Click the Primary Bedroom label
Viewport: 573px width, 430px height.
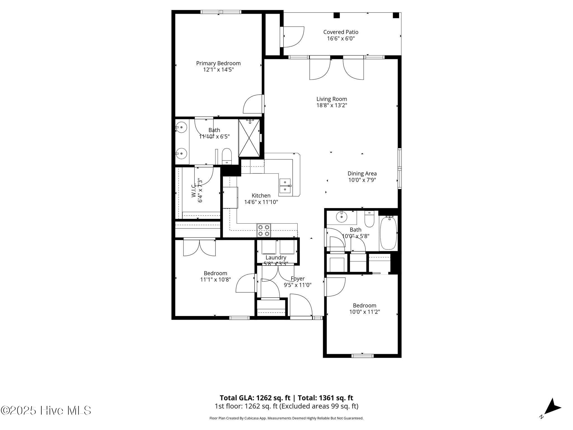click(218, 63)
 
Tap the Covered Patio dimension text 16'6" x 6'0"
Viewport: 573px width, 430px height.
click(341, 39)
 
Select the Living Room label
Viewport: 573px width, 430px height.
click(332, 99)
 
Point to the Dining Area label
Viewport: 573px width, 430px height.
click(362, 174)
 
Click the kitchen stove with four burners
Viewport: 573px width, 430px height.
click(264, 230)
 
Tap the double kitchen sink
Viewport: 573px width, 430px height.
click(285, 186)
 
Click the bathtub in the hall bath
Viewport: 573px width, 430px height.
click(388, 233)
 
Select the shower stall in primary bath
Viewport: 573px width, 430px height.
click(249, 138)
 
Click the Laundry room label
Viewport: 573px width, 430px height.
click(276, 258)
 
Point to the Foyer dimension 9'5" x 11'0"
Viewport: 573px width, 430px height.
click(297, 285)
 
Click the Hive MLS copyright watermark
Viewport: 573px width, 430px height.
click(46, 410)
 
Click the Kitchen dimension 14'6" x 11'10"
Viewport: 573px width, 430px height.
click(261, 202)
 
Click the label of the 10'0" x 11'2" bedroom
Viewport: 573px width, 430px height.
click(364, 305)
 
